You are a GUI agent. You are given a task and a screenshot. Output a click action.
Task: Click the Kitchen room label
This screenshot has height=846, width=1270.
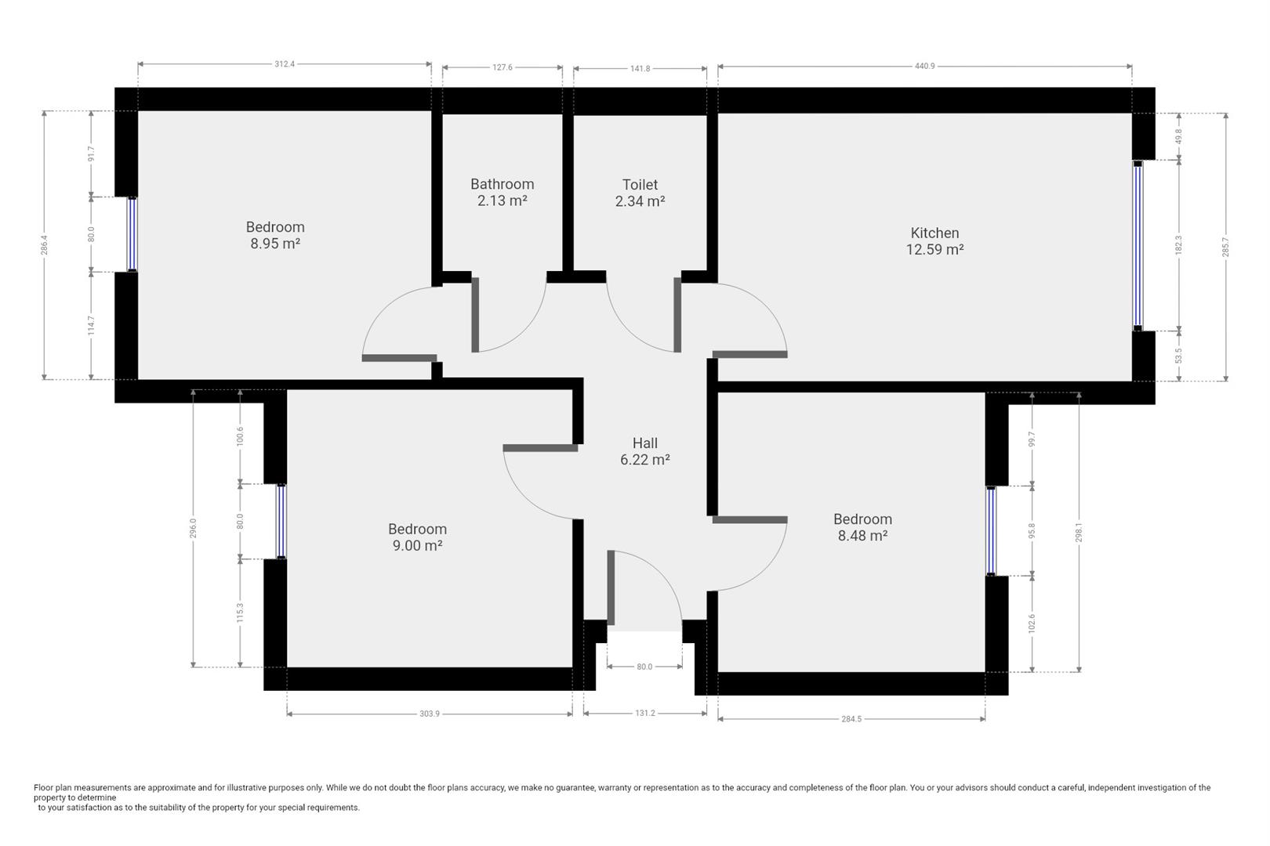coord(934,233)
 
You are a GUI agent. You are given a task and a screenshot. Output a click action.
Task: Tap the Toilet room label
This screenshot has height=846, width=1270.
coord(640,185)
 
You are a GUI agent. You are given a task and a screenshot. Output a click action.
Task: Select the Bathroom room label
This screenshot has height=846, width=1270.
coord(503,184)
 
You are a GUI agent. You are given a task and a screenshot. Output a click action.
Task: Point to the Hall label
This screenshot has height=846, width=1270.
coord(645,443)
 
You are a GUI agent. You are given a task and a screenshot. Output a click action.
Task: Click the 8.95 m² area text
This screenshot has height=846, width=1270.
coord(275,244)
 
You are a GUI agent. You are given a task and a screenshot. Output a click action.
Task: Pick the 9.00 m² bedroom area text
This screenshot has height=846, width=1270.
coord(418,546)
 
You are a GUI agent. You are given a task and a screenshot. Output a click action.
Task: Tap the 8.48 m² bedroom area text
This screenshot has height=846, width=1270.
coord(863,536)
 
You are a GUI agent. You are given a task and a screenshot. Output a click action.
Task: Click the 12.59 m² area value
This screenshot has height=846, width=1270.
coord(935,249)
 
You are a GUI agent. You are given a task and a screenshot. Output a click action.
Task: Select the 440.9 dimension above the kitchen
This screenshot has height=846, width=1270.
coord(925,67)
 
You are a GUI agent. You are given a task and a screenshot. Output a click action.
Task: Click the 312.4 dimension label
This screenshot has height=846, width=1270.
coord(285,64)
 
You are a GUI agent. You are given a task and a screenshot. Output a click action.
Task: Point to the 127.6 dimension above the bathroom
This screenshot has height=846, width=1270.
coord(503,67)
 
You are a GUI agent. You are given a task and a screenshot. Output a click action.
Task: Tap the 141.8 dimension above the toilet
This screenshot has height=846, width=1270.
coord(640,69)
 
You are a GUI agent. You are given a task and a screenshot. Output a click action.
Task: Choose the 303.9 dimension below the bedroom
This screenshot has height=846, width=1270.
coord(430,714)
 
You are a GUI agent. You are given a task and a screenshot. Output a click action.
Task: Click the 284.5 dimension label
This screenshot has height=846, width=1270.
coord(851,719)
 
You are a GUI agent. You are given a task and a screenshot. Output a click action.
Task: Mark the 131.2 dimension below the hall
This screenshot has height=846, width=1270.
coord(645,714)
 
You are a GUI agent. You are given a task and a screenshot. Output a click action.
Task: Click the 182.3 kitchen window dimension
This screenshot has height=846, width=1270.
coord(1179,245)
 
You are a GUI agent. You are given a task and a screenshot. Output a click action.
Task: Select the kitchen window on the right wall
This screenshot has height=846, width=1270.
coord(1138,245)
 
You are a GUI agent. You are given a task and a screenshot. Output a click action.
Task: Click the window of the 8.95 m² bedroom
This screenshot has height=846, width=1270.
coord(132,234)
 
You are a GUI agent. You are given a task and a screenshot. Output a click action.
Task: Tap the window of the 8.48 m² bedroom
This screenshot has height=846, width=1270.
coord(991,531)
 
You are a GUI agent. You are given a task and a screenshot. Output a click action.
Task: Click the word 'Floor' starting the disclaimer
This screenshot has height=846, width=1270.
coord(43,787)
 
